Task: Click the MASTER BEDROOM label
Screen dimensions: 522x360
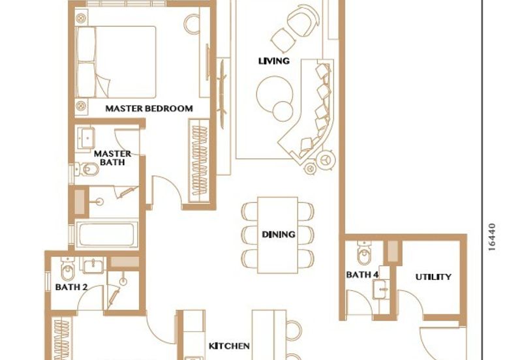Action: tap(149, 108)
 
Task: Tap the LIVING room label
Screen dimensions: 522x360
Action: tap(274, 61)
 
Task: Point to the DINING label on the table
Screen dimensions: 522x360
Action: tap(279, 234)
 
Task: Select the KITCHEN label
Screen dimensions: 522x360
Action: tap(229, 346)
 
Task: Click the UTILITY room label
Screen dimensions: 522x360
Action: tap(433, 277)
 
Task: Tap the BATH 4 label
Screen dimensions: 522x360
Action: tap(362, 275)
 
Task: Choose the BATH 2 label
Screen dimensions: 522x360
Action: tap(71, 287)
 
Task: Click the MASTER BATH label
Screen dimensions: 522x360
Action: tap(112, 158)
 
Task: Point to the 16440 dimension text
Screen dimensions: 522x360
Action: tap(492, 237)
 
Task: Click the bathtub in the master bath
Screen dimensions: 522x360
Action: tap(107, 234)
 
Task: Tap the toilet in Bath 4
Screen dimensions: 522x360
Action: tap(365, 253)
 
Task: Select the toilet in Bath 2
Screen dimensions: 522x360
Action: tap(69, 269)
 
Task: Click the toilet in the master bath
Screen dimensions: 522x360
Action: tap(87, 170)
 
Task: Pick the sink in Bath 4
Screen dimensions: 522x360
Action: tap(380, 289)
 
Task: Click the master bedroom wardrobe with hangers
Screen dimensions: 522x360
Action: tap(199, 160)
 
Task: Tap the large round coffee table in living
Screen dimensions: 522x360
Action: tap(275, 94)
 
